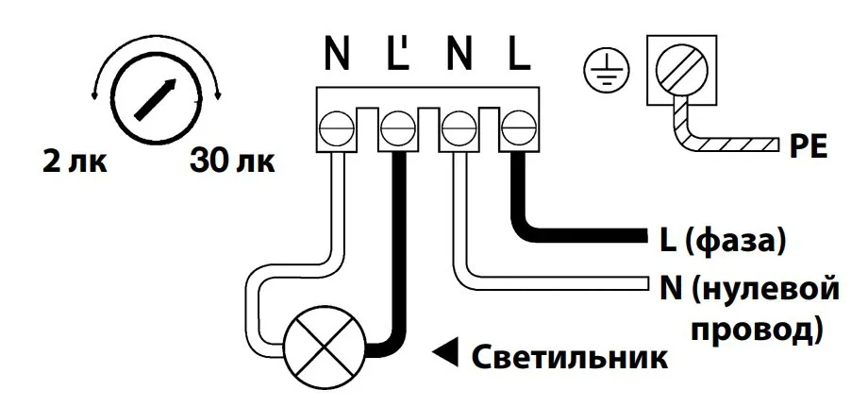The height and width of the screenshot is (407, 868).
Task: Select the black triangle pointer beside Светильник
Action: [443, 357]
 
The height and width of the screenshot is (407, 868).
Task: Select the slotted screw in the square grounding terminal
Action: [681, 72]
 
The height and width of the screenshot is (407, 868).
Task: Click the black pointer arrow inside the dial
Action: [156, 97]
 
